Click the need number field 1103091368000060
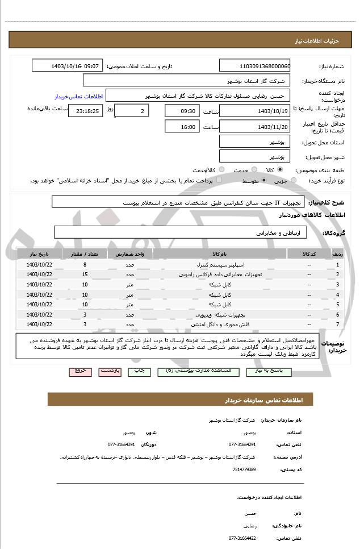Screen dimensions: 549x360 [254, 66]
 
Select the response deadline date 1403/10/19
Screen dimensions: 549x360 [254, 111]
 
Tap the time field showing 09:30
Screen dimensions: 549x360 [182, 111]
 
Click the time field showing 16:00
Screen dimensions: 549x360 [182, 127]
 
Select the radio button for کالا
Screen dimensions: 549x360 [279, 170]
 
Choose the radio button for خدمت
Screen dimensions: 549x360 [254, 170]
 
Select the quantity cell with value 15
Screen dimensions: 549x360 [85, 274]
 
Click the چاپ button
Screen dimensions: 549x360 [139, 371]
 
